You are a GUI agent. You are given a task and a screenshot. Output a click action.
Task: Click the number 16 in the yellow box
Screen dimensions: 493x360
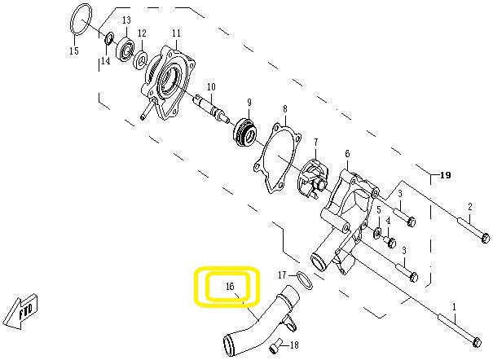coord(230,287)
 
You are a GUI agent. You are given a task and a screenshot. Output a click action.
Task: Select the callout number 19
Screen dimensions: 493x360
coord(444,175)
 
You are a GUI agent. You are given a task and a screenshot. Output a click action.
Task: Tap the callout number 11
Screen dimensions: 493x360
coord(176,33)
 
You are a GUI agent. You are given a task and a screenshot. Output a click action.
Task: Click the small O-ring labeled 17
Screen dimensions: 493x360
coord(302,279)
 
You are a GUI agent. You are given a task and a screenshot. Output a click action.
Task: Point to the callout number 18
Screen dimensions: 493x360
coord(295,345)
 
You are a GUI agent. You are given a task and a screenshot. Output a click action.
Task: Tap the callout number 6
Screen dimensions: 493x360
coord(347,154)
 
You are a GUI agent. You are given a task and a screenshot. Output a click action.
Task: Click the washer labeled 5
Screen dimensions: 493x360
coord(378,235)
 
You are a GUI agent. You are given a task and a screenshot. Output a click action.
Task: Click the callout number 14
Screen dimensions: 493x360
coord(105,62)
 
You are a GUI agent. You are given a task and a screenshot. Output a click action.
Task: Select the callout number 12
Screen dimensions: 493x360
coord(142,33)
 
